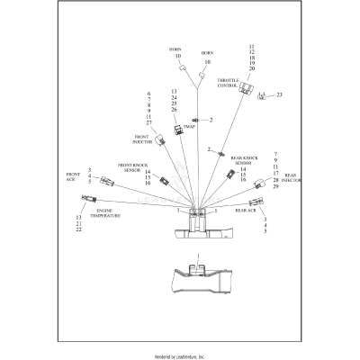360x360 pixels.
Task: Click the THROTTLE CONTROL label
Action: [228, 82]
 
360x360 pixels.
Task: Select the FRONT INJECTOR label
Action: [141, 139]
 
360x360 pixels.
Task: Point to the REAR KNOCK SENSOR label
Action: [243, 160]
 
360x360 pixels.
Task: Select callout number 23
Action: [280, 94]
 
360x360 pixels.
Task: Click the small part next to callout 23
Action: [262, 95]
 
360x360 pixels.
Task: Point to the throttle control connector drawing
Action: [245, 87]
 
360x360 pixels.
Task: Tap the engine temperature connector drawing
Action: [89, 197]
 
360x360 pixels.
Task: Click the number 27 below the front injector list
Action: [148, 123]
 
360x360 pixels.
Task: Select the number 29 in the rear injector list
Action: [275, 188]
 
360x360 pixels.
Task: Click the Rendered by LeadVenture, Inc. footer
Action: [180, 356]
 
